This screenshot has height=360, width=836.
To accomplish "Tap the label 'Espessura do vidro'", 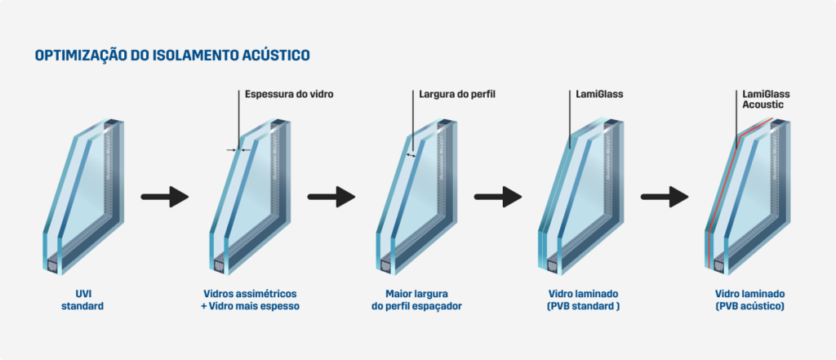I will pyautogui.click(x=289, y=95).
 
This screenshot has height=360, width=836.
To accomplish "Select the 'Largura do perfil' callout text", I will pyautogui.click(x=457, y=95).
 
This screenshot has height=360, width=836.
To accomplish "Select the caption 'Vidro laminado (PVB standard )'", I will pyautogui.click(x=585, y=300).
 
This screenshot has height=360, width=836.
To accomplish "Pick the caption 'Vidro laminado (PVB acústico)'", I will pyautogui.click(x=750, y=300).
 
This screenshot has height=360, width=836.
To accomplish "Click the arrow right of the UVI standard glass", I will pyautogui.click(x=164, y=196).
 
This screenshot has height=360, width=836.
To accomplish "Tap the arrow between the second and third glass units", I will pyautogui.click(x=331, y=196).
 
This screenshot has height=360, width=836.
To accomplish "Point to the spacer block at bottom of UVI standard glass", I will pyautogui.click(x=53, y=266).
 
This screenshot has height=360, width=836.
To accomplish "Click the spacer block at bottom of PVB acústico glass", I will pyautogui.click(x=718, y=266).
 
